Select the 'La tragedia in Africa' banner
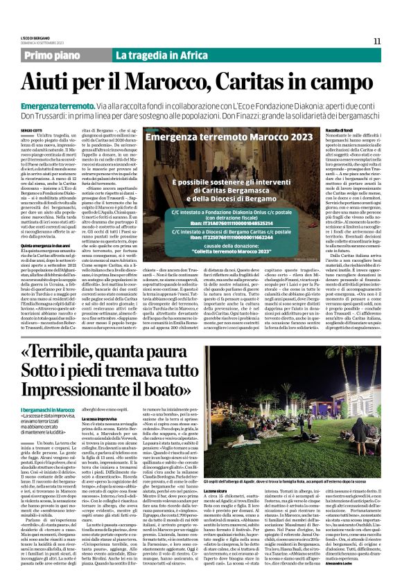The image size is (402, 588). (152, 55)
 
